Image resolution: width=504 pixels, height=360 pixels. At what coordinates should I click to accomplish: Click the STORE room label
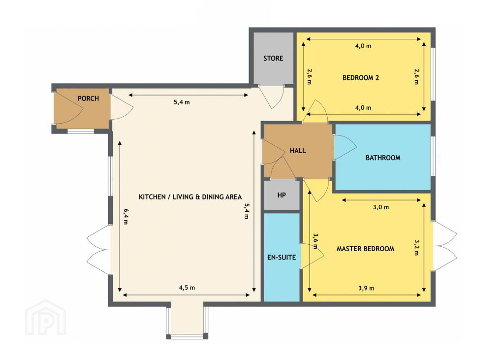coord(273,58)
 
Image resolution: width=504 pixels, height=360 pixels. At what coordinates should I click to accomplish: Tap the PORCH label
coord(88,98)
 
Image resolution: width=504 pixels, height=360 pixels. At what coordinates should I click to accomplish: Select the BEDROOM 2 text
coord(361,77)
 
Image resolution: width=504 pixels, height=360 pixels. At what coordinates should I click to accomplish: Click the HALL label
coord(298,151)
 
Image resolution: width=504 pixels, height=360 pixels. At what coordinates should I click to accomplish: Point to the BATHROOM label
coord(383,158)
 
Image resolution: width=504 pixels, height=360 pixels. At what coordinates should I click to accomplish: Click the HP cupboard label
coord(282,195)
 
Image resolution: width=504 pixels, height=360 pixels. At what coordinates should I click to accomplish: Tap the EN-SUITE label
coord(282,258)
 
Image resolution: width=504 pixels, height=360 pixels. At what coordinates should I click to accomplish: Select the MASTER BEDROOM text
coord(365,249)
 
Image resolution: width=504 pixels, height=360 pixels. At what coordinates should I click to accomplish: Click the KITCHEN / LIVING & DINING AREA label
coord(190,197)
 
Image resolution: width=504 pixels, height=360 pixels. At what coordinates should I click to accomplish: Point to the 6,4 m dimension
coord(126,216)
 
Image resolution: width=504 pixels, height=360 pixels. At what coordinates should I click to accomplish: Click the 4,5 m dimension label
coord(187,288)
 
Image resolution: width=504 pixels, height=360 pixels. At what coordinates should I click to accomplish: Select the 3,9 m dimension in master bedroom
coord(366,288)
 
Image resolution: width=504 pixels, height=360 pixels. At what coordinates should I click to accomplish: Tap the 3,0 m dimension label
coord(381,207)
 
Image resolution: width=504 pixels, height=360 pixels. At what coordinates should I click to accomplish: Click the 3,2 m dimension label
coord(416,247)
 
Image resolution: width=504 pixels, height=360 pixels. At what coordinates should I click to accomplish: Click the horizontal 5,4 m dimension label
coord(182,102)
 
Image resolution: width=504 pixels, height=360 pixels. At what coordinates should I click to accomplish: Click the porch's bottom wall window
coord(81,131)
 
